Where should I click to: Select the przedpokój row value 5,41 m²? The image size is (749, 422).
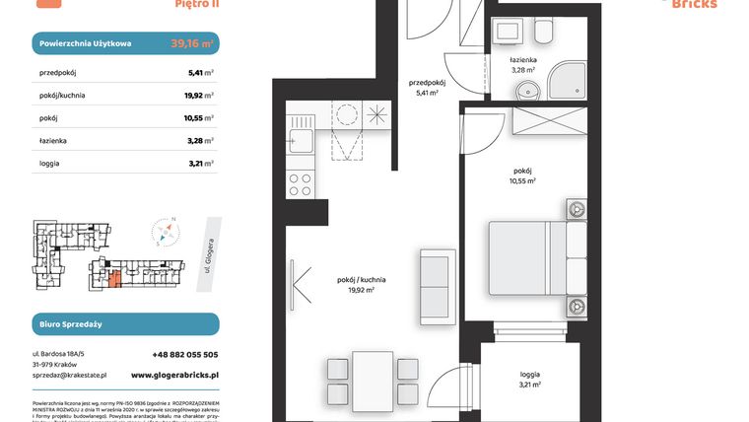201,72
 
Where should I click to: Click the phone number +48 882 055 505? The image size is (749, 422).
173,354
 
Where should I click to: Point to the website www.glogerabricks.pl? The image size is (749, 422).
173,376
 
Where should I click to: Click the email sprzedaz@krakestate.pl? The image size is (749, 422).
69,376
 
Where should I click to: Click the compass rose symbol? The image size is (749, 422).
167,234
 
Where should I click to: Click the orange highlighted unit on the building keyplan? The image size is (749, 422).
116,279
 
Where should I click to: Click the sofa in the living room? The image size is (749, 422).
433,283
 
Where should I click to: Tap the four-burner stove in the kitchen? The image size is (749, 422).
299,183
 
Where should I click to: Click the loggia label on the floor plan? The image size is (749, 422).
529,375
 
